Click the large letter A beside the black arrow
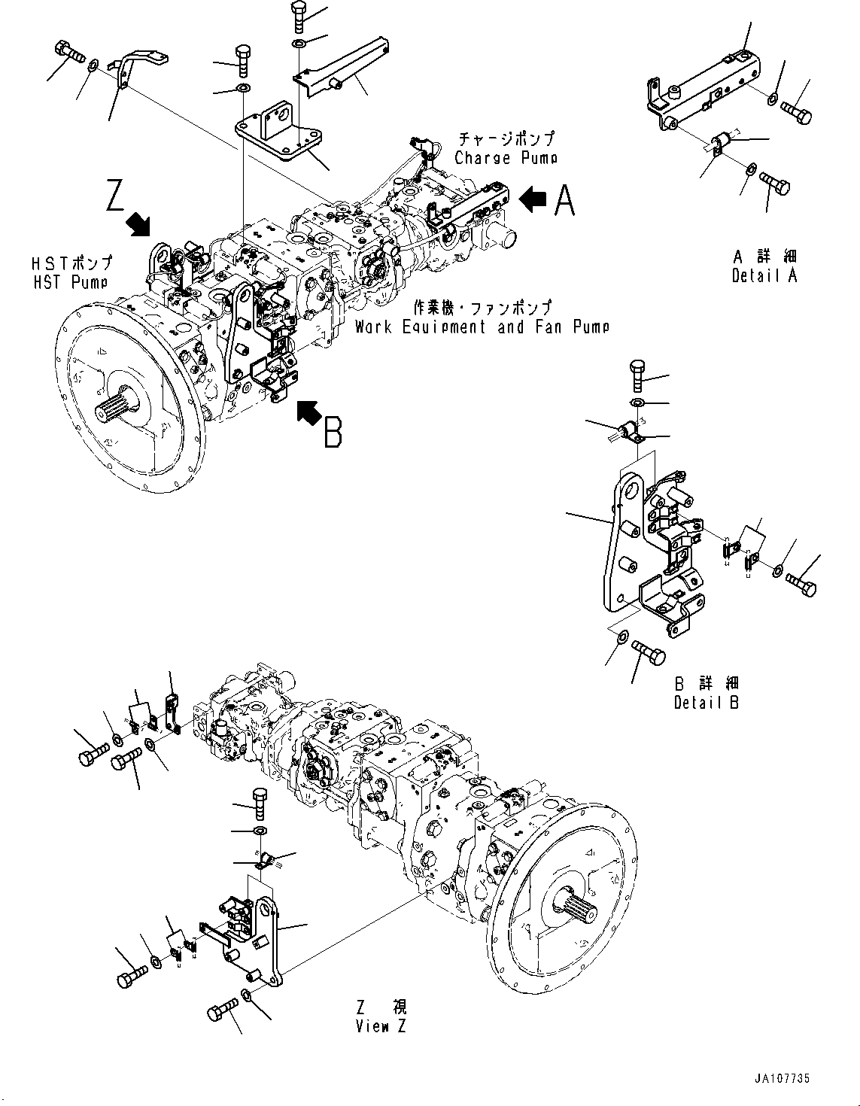565,200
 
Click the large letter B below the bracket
333,433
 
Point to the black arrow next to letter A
533,199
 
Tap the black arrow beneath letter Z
138,223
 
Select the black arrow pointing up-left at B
308,412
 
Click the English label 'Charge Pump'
506,158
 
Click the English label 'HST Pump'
71,281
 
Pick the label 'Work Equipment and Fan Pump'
482,327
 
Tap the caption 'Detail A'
764,275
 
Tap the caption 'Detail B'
707,702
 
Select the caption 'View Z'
381,1026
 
